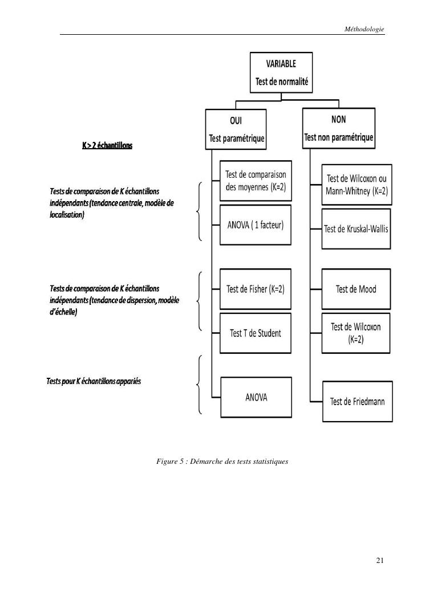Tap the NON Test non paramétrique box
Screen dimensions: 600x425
coord(339,128)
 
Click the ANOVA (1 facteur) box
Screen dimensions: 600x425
coord(256,225)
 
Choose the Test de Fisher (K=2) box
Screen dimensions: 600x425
coord(256,289)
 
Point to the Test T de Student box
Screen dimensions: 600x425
coord(256,333)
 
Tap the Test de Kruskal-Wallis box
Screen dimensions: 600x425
coord(357,229)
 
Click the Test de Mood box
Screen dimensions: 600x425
coord(357,289)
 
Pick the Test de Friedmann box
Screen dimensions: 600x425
coord(358,401)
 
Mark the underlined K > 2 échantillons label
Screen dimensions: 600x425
coord(107,145)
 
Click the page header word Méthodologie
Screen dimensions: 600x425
coord(365,28)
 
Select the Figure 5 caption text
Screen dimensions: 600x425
coord(222,461)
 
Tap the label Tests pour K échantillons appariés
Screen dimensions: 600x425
coord(94,381)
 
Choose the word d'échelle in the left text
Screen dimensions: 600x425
coord(63,312)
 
